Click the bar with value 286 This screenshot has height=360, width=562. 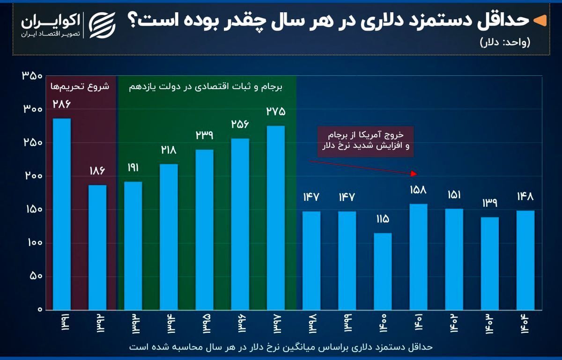62,214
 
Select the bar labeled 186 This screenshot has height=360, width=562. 97,247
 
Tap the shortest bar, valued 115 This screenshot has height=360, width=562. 383,271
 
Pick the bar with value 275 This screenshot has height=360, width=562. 276,218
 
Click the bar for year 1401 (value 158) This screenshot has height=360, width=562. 418,257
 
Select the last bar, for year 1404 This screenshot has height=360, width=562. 525,260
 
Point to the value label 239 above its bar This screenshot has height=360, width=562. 204,135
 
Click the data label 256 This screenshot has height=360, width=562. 240,124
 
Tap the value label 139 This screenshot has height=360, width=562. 489,203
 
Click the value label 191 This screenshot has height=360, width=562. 133,168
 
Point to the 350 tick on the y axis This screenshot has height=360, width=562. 32,76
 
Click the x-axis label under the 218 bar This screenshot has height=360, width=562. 169,323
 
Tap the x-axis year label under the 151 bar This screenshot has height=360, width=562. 454,323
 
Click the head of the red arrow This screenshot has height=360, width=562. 414,174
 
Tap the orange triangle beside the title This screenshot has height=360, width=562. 540,21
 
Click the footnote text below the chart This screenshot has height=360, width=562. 280,347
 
